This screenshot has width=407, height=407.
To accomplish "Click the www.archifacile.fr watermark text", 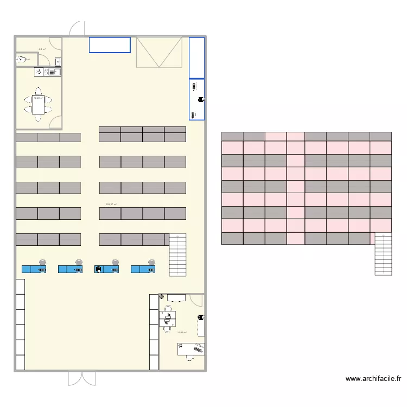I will coord(373,379).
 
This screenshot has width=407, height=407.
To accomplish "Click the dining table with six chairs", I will coord(38,103).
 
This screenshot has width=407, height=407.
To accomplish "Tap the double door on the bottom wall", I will coord(82,378).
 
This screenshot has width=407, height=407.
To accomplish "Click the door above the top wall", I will coord(77,28).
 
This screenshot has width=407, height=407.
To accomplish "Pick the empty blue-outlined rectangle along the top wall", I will coord(110,44).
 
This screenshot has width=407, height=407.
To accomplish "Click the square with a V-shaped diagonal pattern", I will coord(158,52).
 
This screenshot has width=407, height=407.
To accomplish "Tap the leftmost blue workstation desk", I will coord(34,269).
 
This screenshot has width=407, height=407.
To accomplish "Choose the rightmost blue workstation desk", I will coord(143,269).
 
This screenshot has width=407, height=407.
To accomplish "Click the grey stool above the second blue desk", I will coord(79,262).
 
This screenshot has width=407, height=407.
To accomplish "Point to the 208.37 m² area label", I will coord(111,205).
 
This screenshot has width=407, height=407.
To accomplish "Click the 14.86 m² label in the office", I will coord(182,333).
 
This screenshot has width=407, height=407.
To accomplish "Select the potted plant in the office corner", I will coord(162,296).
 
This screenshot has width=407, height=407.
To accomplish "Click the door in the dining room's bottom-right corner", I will coord(55,123).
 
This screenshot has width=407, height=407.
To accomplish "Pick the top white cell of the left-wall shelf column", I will coord(20,286).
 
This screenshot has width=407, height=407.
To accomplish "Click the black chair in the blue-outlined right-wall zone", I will coord(200,99).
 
